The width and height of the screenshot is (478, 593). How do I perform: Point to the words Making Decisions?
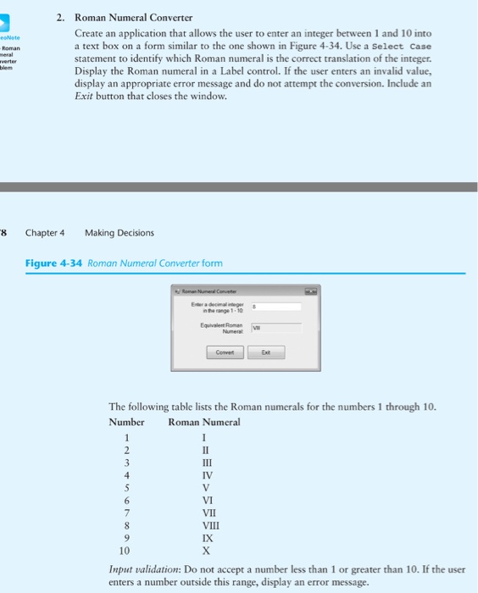(x=119, y=232)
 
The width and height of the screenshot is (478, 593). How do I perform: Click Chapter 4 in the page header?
(x=45, y=232)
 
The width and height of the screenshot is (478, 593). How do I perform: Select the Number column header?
(x=126, y=422)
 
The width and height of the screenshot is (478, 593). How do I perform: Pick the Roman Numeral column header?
(x=204, y=422)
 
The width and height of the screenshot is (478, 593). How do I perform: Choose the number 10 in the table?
(x=125, y=551)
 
